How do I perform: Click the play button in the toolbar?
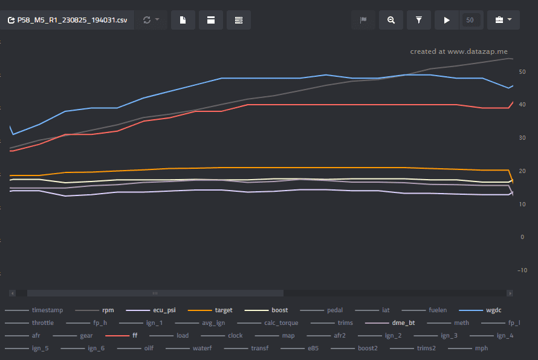pos(447,20)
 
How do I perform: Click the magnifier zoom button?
pos(391,20)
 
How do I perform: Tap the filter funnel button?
pos(418,20)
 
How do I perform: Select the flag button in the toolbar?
pos(363,20)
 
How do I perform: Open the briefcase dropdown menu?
pos(504,20)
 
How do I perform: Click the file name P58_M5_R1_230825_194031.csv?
pos(72,20)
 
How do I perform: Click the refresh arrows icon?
pos(147,20)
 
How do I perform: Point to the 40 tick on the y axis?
pos(522,105)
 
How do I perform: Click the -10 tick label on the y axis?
pos(522,270)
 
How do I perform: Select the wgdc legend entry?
pos(481,310)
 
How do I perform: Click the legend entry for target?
pos(210,310)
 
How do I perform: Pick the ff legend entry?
pos(122,336)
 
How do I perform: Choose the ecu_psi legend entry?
pos(151,310)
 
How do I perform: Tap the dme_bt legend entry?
pos(390,323)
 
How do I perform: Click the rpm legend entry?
pos(94,310)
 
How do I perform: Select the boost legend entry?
pos(266,310)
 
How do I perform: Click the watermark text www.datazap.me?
pos(478,51)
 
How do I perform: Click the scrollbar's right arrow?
pos(510,293)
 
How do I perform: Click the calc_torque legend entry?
pos(268,323)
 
